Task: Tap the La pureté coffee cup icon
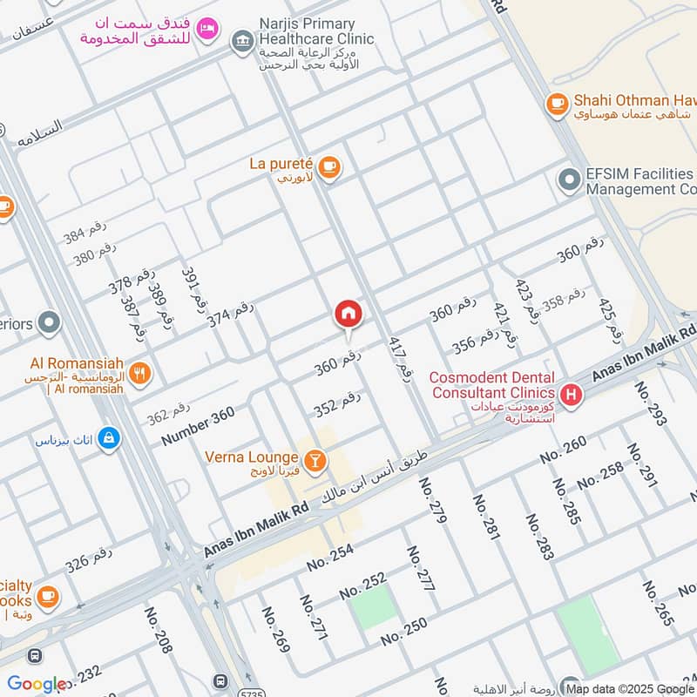[x=328, y=167]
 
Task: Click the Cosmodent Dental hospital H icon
[x=572, y=395]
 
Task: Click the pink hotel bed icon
[x=206, y=28]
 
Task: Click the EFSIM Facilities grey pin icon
[x=569, y=181]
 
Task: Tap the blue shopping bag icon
[x=108, y=437]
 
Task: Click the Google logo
[x=37, y=685]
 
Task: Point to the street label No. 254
[x=330, y=558]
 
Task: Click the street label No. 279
[x=432, y=501]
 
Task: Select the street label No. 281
[x=485, y=517]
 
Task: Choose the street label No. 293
[x=651, y=403]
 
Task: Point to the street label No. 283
[x=539, y=536]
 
